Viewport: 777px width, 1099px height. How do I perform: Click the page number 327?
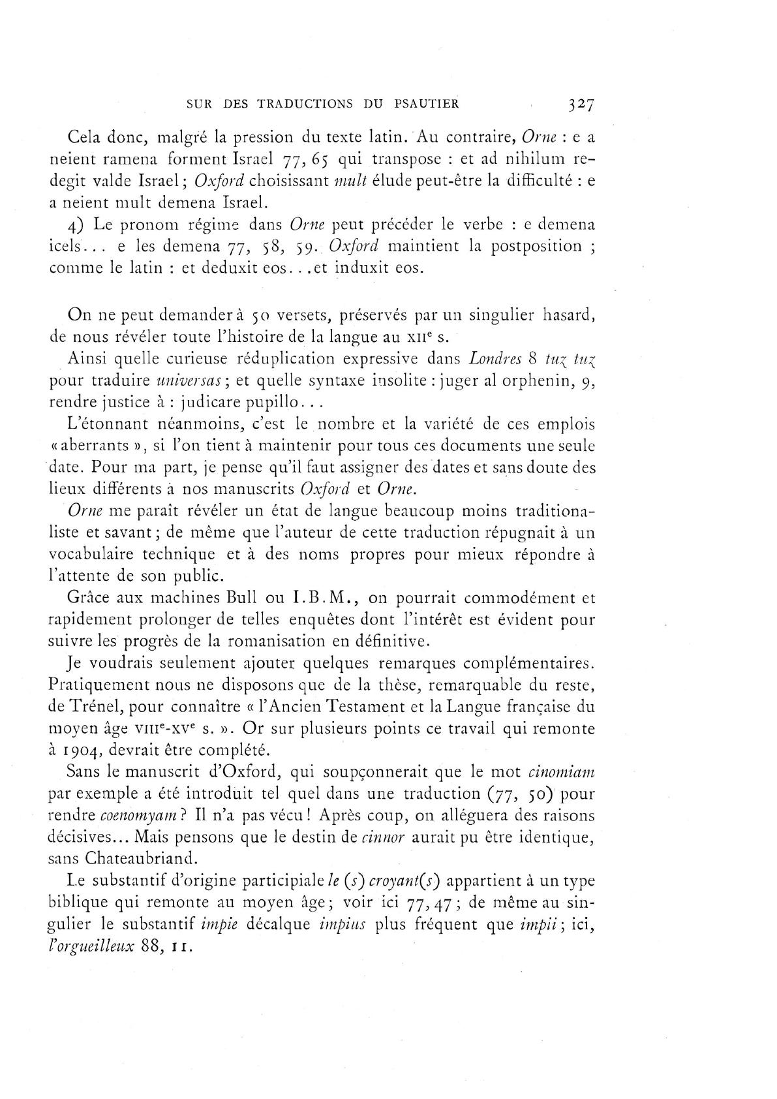579,104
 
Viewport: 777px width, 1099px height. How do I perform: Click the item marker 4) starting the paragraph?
75,225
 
